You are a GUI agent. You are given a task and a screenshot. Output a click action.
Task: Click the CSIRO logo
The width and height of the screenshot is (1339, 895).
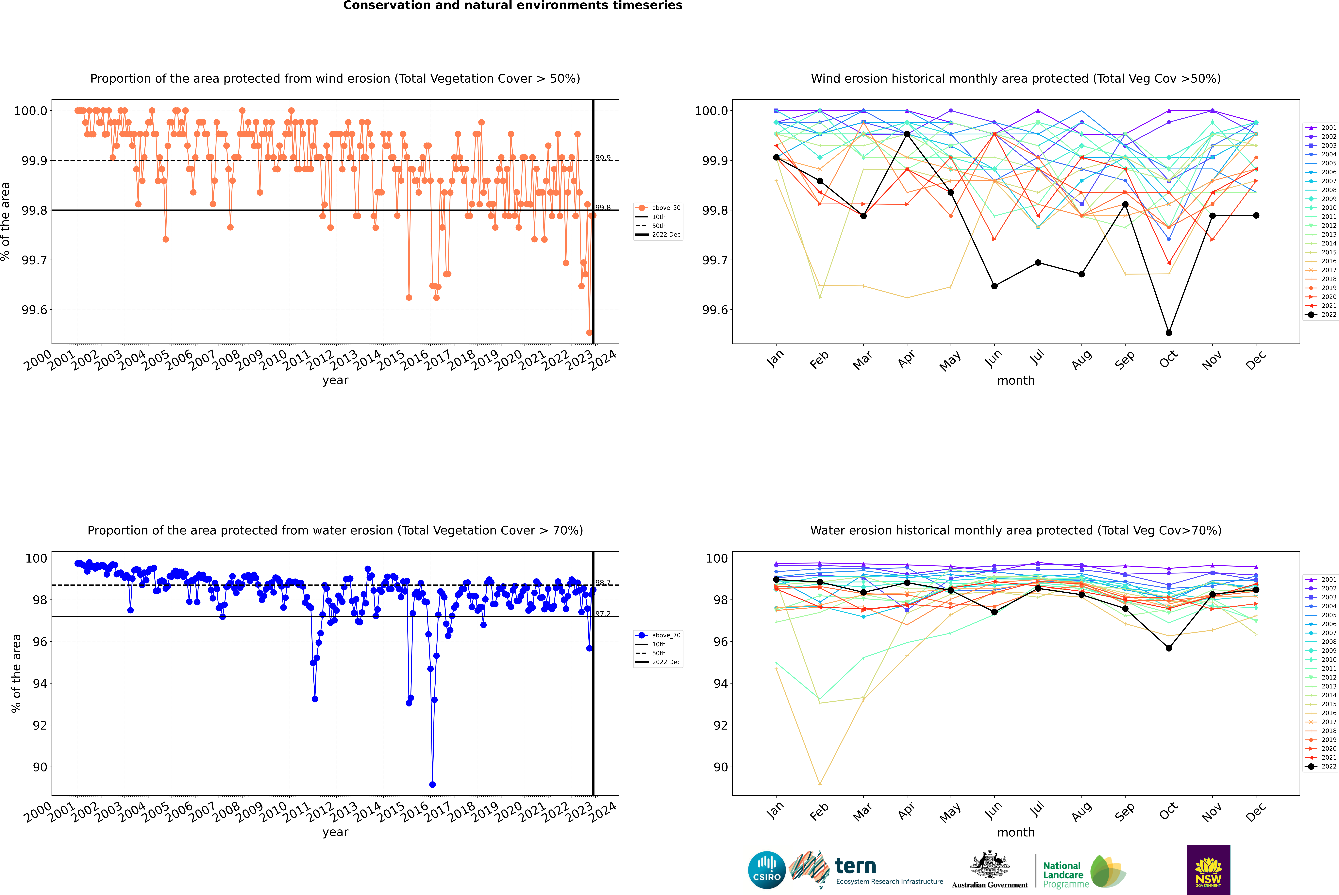(767, 870)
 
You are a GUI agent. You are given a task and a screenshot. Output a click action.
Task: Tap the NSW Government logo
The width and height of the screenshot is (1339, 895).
(1208, 870)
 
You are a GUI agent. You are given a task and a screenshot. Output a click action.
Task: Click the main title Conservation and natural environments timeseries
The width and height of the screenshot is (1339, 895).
(512, 6)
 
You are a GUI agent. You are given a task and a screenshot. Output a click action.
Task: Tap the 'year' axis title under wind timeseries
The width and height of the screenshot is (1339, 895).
(335, 380)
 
